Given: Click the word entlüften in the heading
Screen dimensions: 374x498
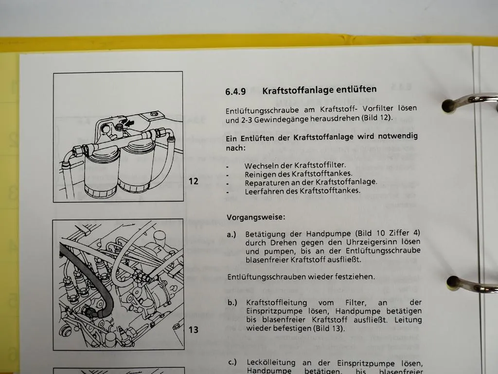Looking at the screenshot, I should tap(355, 90).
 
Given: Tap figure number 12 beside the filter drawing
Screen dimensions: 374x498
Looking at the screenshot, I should tap(194, 181).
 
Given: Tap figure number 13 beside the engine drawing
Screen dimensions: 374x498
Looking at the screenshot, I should tap(193, 330).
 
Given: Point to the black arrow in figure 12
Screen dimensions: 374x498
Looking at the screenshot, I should tap(130, 124).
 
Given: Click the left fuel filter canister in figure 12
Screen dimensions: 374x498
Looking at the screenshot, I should tap(101, 173).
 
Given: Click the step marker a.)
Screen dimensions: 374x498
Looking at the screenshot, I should tap(232, 234).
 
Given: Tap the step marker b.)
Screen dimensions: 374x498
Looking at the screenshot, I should tap(232, 302).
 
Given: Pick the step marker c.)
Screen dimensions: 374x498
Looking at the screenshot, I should tap(232, 363).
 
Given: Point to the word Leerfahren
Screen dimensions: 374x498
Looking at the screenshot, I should tap(264, 191).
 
